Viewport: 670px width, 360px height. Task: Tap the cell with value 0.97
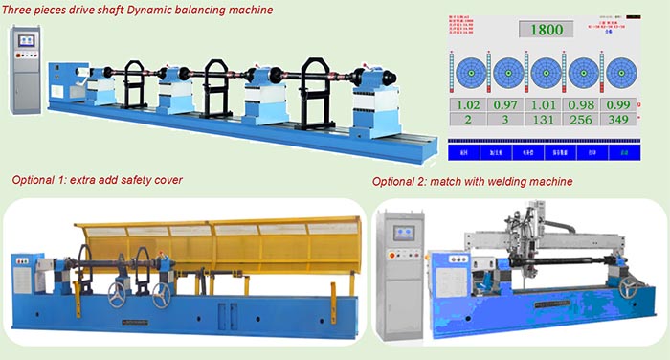tap(506, 104)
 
